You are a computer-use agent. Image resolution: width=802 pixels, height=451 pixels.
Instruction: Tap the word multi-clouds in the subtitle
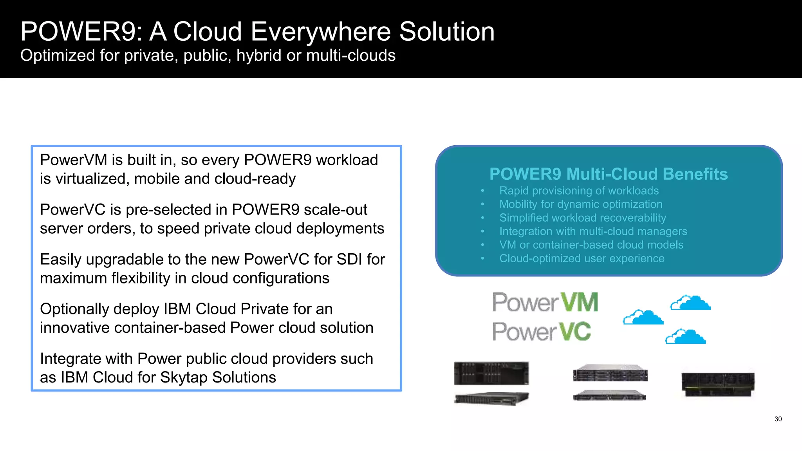(350, 56)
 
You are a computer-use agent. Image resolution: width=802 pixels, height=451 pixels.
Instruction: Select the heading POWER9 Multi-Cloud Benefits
(608, 174)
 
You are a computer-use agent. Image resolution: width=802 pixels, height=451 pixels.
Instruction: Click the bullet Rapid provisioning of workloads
(579, 191)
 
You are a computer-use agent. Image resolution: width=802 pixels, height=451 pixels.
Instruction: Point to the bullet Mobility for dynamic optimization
(581, 204)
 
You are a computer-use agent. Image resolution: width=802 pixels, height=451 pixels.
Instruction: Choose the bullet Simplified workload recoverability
(582, 218)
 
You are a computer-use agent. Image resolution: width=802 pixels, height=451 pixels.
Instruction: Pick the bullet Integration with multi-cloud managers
(593, 231)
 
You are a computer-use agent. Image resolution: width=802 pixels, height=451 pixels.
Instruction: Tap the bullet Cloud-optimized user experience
(582, 258)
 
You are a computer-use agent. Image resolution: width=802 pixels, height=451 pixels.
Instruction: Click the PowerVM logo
(545, 302)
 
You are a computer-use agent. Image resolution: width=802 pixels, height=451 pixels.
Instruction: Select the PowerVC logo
(541, 332)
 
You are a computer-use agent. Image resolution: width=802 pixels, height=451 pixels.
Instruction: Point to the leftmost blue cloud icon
(643, 318)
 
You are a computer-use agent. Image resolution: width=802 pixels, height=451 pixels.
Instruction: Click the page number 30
(778, 419)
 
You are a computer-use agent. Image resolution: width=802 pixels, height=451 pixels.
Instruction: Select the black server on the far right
(718, 384)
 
